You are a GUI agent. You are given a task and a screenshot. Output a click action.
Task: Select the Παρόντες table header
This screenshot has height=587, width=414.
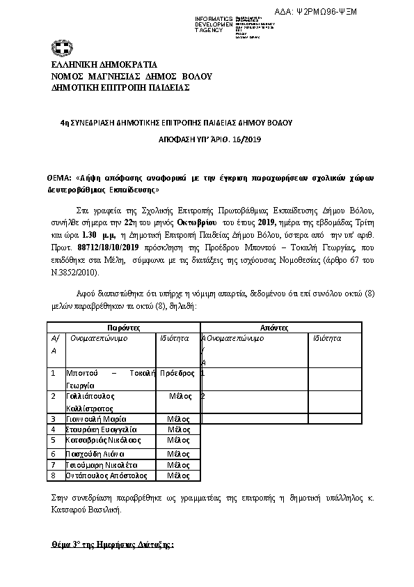tap(124, 326)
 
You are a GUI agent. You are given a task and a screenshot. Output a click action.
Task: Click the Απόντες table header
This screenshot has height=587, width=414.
tap(280, 326)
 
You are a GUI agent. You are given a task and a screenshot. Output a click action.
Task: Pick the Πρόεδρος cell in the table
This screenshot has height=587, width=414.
tap(177, 374)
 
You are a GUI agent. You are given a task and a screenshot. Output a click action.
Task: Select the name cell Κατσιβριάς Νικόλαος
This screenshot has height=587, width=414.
tap(103, 441)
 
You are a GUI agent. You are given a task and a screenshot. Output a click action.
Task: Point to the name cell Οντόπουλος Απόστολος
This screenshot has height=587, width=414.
tap(106, 475)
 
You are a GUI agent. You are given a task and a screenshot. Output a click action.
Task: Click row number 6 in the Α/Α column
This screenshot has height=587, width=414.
tap(53, 453)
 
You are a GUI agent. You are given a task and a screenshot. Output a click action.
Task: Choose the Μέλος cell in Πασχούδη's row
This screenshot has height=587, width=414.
tap(179, 453)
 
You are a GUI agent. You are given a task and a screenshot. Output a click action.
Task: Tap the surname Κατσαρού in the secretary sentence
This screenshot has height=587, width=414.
tap(70, 510)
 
